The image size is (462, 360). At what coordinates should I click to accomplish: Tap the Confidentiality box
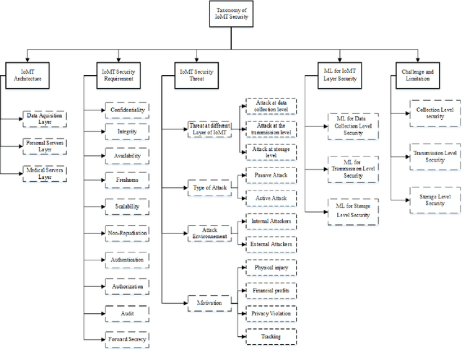(127, 110)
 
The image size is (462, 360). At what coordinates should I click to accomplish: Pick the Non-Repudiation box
(127, 233)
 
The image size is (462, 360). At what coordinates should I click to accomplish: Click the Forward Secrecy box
(127, 337)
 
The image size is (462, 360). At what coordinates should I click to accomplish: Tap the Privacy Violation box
(271, 314)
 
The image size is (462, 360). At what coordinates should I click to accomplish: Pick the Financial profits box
(271, 290)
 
